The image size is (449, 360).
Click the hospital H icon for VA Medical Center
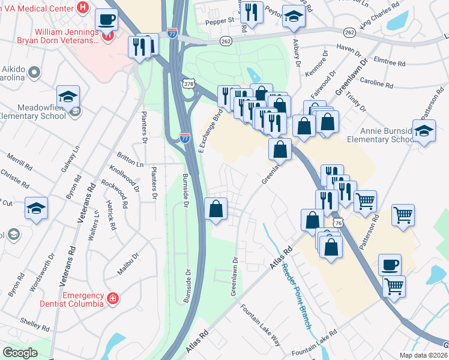(x=83, y=8)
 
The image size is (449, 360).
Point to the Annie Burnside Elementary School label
(x=378, y=134)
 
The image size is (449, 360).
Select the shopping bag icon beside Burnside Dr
(x=216, y=209)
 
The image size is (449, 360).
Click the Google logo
(x=20, y=352)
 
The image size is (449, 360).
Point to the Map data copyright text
(x=423, y=355)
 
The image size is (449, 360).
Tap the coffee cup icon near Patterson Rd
(x=390, y=265)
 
